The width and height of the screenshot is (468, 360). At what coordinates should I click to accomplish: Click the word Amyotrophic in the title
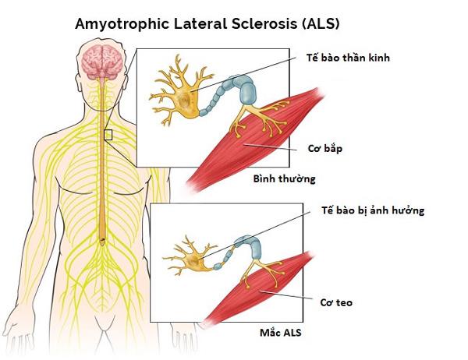[x=122, y=24]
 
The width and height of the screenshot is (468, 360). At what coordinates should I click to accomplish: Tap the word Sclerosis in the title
[x=264, y=23]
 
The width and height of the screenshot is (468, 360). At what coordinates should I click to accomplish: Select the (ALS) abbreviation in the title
[x=321, y=24]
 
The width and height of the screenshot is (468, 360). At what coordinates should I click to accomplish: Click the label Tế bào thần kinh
[x=348, y=58]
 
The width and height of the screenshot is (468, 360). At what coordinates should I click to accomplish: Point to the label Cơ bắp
[x=325, y=148]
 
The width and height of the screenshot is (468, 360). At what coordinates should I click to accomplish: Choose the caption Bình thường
[x=285, y=178]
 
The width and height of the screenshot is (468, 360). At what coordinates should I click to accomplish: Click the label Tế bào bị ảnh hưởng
[x=373, y=210]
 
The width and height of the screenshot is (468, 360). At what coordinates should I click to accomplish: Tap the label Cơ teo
[x=336, y=302]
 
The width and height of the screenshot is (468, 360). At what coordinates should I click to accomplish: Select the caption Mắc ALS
[x=281, y=333]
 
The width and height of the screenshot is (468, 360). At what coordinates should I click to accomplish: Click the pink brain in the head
[x=102, y=62]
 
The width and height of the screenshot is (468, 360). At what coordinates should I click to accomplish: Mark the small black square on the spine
[x=108, y=135]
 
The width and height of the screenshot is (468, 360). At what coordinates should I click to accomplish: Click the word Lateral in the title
[x=200, y=23]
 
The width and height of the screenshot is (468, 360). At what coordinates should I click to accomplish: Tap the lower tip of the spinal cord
[x=102, y=245]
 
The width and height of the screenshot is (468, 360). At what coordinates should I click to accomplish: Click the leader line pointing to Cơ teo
[x=286, y=295]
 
